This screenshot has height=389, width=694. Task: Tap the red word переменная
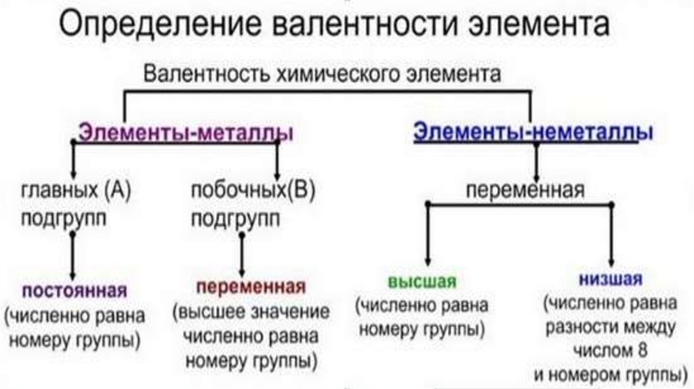pos(251,286)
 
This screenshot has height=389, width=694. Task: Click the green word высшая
pos(422,281)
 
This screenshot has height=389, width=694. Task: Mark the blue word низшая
pos(611,279)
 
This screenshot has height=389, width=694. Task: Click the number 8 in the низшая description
pos(642,351)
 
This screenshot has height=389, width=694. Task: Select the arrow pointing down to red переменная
pos(241,253)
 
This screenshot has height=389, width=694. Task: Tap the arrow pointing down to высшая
pos(427,237)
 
